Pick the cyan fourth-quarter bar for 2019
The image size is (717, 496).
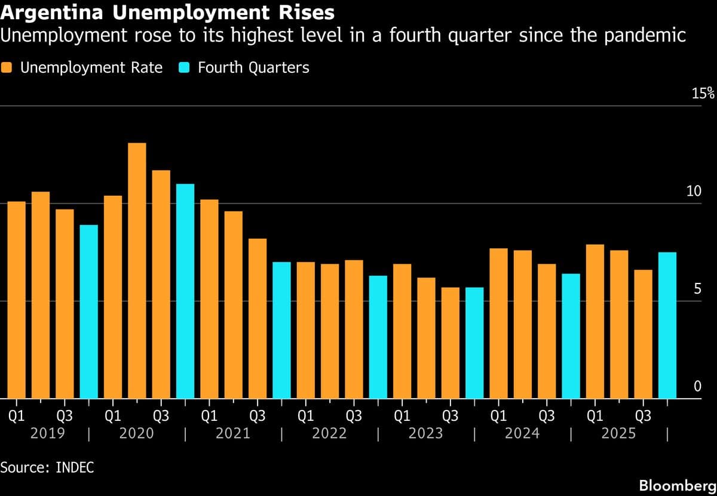coord(89,312)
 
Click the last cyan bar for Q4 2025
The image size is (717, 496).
coord(667,325)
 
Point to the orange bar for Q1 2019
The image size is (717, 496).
coord(17,300)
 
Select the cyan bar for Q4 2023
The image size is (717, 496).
coord(474,343)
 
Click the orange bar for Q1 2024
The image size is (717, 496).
coord(498,323)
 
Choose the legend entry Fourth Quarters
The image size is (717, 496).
coord(253,67)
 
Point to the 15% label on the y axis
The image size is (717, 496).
coord(703,93)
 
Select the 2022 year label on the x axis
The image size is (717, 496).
coord(329,433)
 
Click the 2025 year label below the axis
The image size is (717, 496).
coord(618,433)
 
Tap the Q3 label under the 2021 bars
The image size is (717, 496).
coord(258,415)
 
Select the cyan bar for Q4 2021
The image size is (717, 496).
coord(281,330)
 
